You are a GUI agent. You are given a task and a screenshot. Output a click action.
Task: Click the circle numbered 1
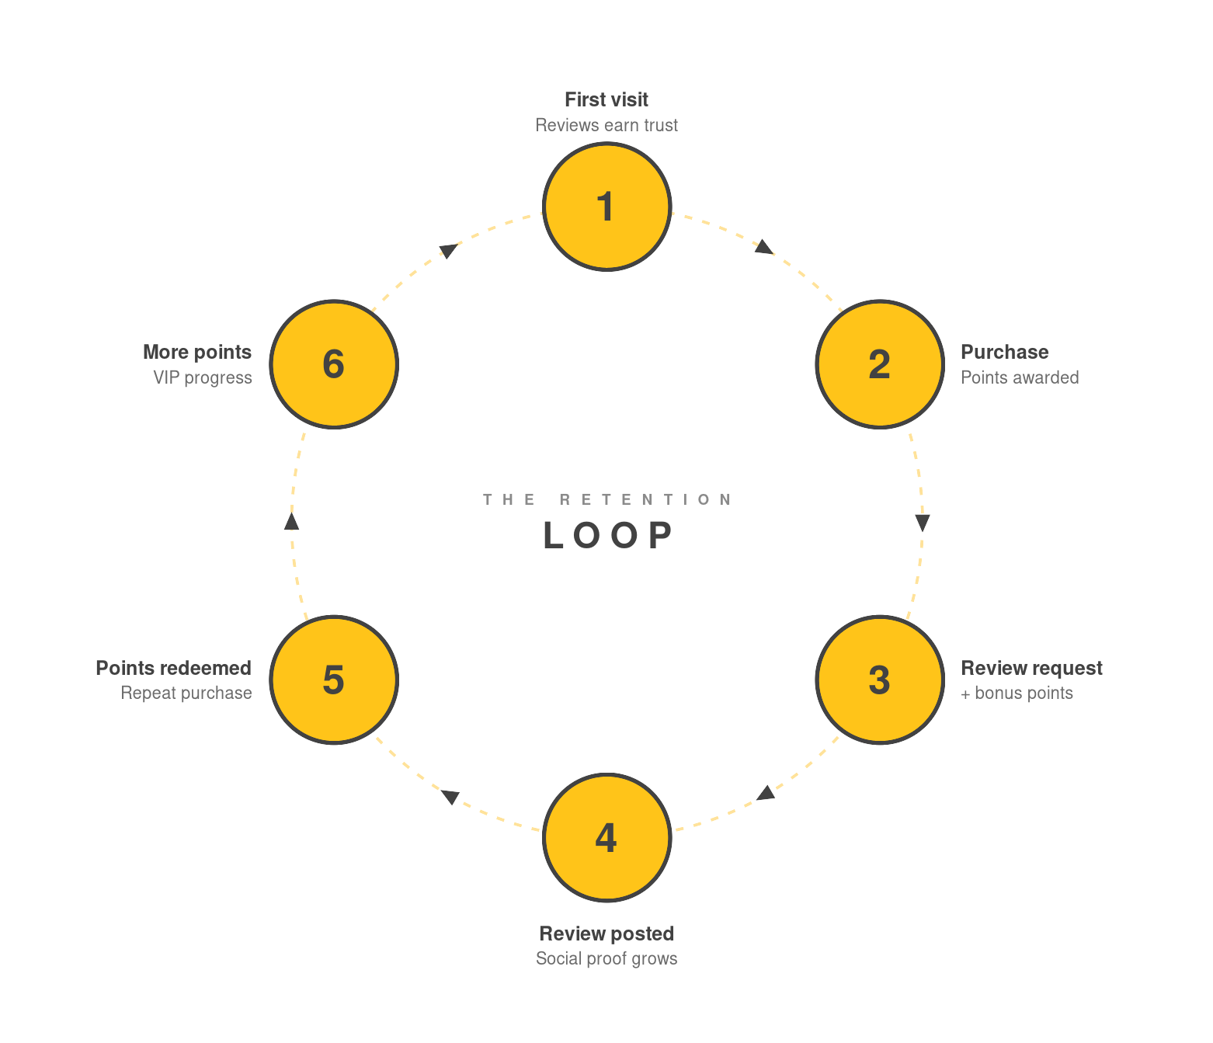[606, 207]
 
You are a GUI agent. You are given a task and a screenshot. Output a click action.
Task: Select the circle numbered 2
[880, 364]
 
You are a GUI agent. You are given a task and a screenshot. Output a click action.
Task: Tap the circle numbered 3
[880, 680]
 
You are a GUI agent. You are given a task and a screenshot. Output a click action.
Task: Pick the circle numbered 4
[606, 837]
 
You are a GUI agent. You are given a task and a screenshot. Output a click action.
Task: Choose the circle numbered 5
[334, 680]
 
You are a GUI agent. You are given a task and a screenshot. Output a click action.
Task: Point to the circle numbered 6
[334, 364]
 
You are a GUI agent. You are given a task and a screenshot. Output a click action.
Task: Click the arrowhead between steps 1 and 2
[764, 248]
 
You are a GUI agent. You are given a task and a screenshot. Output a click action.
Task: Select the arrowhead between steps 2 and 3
[923, 522]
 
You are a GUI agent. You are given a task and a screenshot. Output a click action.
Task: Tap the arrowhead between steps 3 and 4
[766, 793]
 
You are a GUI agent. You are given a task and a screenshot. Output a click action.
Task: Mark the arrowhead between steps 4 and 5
[450, 797]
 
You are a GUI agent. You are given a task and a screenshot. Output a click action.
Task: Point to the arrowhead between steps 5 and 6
[292, 522]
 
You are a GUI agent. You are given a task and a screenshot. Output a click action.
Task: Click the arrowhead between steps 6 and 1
[449, 250]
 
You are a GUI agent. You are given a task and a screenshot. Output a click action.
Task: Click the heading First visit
[606, 100]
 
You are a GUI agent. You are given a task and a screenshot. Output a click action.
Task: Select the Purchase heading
[1005, 353]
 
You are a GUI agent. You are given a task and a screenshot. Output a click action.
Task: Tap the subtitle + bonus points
[1017, 694]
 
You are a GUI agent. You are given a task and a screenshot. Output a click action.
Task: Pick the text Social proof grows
[606, 959]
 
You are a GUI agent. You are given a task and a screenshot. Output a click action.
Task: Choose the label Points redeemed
[174, 669]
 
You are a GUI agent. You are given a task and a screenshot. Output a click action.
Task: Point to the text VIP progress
[203, 378]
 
